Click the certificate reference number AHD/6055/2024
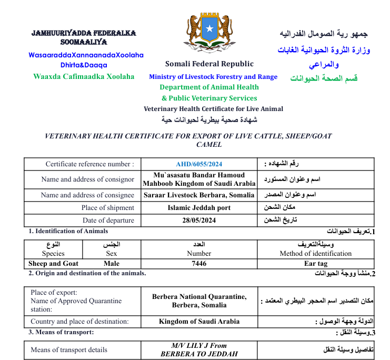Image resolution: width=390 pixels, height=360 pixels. (199, 164)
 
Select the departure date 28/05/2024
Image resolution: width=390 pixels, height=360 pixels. (199, 221)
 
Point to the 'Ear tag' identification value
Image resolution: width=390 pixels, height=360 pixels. (316, 263)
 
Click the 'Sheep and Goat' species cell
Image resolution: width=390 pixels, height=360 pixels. (53, 263)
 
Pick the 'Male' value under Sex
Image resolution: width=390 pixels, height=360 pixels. (112, 263)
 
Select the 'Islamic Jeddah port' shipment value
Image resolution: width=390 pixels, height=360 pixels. (199, 208)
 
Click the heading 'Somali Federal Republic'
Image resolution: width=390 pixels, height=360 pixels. (209, 64)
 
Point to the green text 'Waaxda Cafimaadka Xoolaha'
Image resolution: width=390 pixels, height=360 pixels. (84, 76)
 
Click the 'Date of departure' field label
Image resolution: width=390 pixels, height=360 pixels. (108, 221)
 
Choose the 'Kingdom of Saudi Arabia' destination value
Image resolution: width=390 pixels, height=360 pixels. (199, 321)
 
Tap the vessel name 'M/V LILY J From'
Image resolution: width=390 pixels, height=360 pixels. (199, 345)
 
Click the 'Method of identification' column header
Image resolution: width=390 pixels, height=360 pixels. (316, 254)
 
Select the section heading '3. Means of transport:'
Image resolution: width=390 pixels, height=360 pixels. (61, 332)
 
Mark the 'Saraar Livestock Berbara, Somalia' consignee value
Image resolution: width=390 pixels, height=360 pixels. (199, 195)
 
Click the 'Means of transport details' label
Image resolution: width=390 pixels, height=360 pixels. (69, 349)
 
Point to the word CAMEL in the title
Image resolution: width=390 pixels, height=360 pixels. (209, 144)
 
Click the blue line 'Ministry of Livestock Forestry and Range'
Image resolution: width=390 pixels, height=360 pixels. (213, 77)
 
